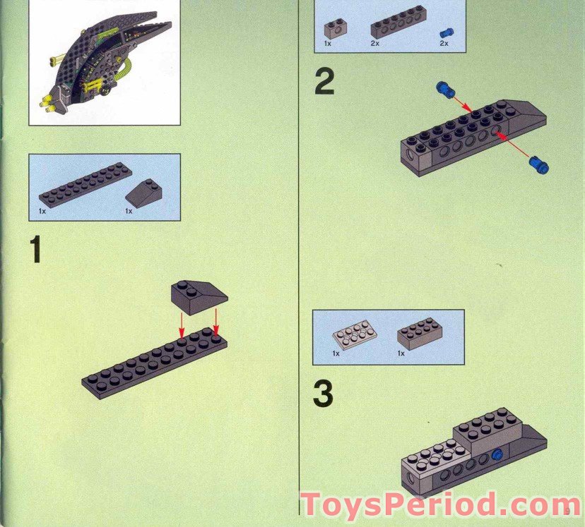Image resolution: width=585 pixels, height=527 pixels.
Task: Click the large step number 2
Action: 324,84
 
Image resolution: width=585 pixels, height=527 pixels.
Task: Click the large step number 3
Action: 323,395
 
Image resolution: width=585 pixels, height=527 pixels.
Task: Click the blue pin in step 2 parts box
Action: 444,32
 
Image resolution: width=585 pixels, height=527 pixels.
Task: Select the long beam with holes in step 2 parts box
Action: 398,25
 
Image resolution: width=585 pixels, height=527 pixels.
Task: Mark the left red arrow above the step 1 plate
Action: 182,325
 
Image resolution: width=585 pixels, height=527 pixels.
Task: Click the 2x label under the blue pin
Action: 444,44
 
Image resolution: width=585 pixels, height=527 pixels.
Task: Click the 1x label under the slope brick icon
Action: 129,211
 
